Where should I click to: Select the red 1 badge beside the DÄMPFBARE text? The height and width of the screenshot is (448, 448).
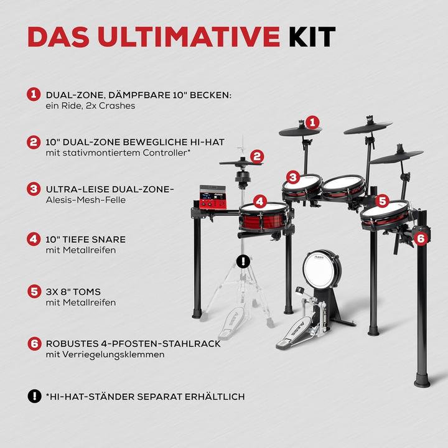(32, 95)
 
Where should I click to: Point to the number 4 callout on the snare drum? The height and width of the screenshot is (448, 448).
(259, 202)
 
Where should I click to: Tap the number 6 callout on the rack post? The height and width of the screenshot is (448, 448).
(421, 238)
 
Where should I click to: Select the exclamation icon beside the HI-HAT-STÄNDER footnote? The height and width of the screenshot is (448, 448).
(32, 396)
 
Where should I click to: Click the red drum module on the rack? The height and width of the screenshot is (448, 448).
(213, 197)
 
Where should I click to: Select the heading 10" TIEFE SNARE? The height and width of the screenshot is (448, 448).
(86, 239)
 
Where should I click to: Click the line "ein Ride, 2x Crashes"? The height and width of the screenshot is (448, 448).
(90, 106)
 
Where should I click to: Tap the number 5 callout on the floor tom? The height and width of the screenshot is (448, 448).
(383, 202)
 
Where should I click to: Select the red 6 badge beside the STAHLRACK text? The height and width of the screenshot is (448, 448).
(32, 343)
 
